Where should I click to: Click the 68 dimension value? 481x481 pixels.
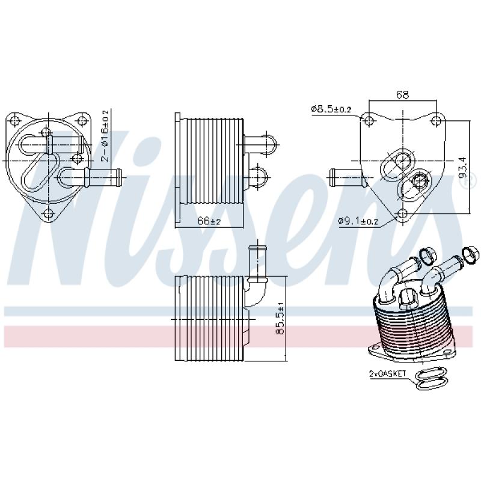pyautogui.click(x=402, y=94)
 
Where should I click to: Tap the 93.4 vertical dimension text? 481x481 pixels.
pyautogui.click(x=462, y=168)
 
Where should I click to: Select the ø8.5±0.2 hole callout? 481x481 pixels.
pyautogui.click(x=331, y=109)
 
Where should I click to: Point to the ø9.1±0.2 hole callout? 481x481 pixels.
pyautogui.click(x=358, y=221)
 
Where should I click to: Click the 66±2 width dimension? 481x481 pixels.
pyautogui.click(x=209, y=221)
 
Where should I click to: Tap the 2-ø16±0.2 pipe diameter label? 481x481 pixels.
pyautogui.click(x=105, y=135)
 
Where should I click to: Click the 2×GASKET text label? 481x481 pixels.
pyautogui.click(x=388, y=373)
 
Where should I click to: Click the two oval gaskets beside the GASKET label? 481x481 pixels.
pyautogui.click(x=431, y=379)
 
